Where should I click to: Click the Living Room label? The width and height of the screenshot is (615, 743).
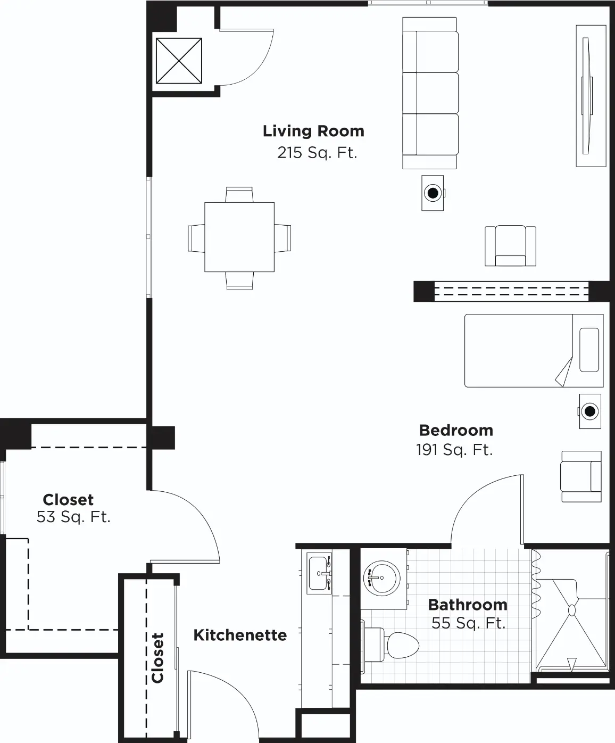pos(313,131)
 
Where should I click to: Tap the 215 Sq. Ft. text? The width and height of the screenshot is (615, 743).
pos(317,153)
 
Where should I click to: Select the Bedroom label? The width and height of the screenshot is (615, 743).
pos(456,431)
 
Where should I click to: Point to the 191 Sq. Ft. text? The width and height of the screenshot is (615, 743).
pos(454,450)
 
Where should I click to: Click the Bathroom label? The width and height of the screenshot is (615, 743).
pos(468,605)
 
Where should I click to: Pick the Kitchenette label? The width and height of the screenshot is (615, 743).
pos(240,635)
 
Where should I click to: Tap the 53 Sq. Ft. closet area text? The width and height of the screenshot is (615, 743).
pos(73,517)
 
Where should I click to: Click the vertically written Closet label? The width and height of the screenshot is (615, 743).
pos(157,658)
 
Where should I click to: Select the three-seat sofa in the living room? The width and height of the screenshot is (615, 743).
pos(430,93)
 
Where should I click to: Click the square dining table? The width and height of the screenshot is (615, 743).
pos(239,237)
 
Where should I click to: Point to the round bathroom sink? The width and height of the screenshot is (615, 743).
pos(381,578)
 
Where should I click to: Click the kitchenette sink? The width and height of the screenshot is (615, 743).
pos(319,573)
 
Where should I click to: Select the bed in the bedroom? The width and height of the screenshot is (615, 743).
pos(534,351)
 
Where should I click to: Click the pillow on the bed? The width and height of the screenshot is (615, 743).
pos(589,350)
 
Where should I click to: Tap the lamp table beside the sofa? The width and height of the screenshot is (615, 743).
pos(433,193)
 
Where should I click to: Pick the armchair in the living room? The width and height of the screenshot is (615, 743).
pos(510,245)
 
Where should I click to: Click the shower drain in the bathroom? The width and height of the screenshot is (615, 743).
pos(572,610)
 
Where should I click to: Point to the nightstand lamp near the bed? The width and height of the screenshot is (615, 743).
pos(590,411)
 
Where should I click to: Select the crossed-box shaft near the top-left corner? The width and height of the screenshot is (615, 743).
pos(179,61)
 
